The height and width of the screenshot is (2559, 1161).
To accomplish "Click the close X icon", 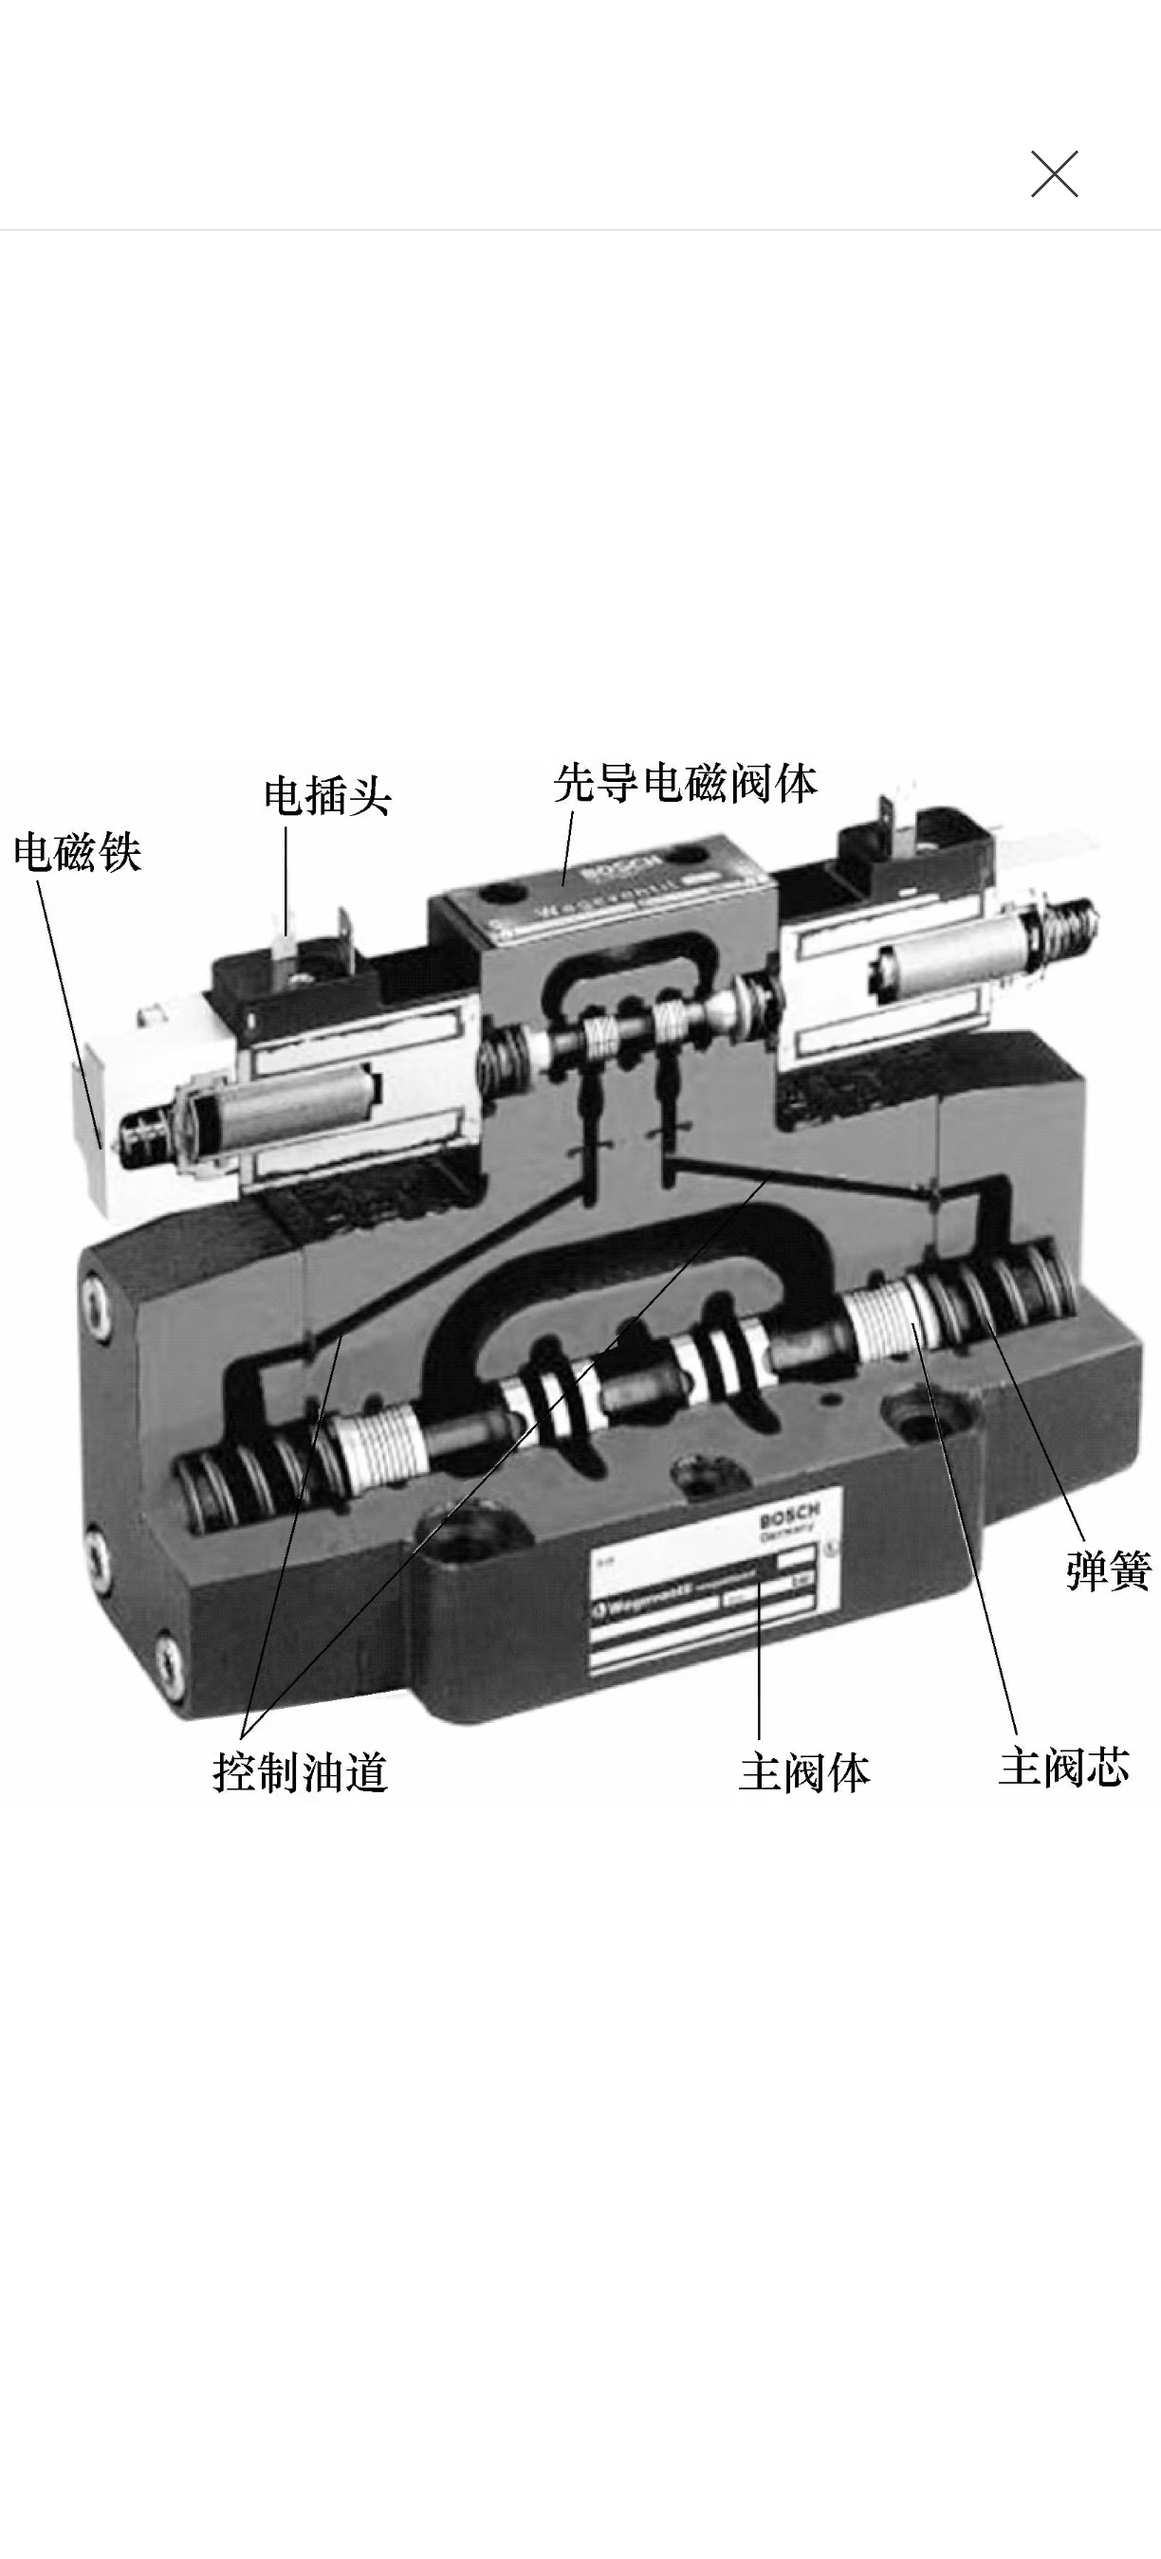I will click(1054, 174).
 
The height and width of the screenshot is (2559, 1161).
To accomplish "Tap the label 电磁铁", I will click(78, 852).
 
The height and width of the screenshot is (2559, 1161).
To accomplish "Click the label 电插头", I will click(327, 796).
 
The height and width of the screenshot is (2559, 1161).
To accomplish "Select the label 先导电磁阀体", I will click(685, 784).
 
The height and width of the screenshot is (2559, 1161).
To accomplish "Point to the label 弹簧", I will click(1107, 1571).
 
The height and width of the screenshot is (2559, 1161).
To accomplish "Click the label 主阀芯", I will click(1063, 1769).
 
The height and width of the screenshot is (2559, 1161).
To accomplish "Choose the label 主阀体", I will click(803, 1772).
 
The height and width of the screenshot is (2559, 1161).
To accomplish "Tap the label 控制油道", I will click(300, 1772).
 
